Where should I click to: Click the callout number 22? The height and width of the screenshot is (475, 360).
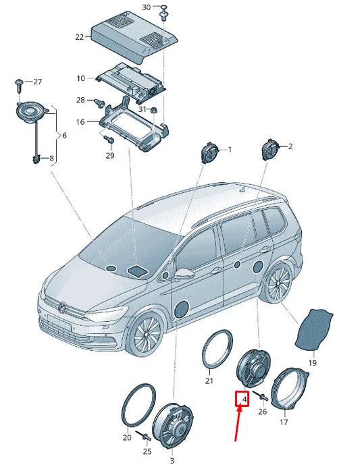(79, 37)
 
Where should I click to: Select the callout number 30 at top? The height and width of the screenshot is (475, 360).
(147, 7)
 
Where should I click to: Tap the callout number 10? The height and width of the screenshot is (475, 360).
(80, 78)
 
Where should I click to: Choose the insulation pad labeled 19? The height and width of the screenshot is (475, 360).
(316, 331)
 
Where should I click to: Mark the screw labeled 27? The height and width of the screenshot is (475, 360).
(19, 84)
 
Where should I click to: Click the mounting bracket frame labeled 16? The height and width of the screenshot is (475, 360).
(132, 124)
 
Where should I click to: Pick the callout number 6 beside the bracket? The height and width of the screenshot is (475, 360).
(64, 136)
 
